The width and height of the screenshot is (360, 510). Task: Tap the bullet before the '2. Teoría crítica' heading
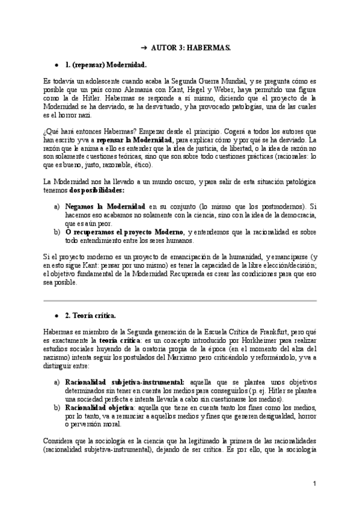coord(56,315)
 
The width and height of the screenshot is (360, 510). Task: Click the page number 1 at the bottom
coord(314,484)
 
